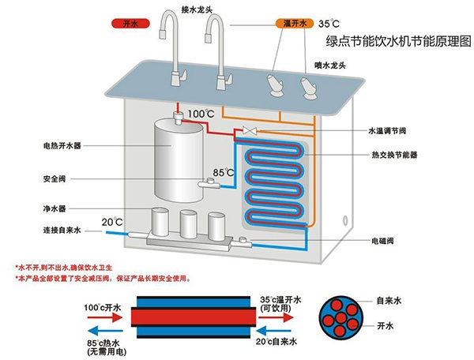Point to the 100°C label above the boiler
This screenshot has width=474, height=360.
201,114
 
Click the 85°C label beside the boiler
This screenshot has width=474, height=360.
224,171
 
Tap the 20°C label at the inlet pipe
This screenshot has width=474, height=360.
111,220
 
